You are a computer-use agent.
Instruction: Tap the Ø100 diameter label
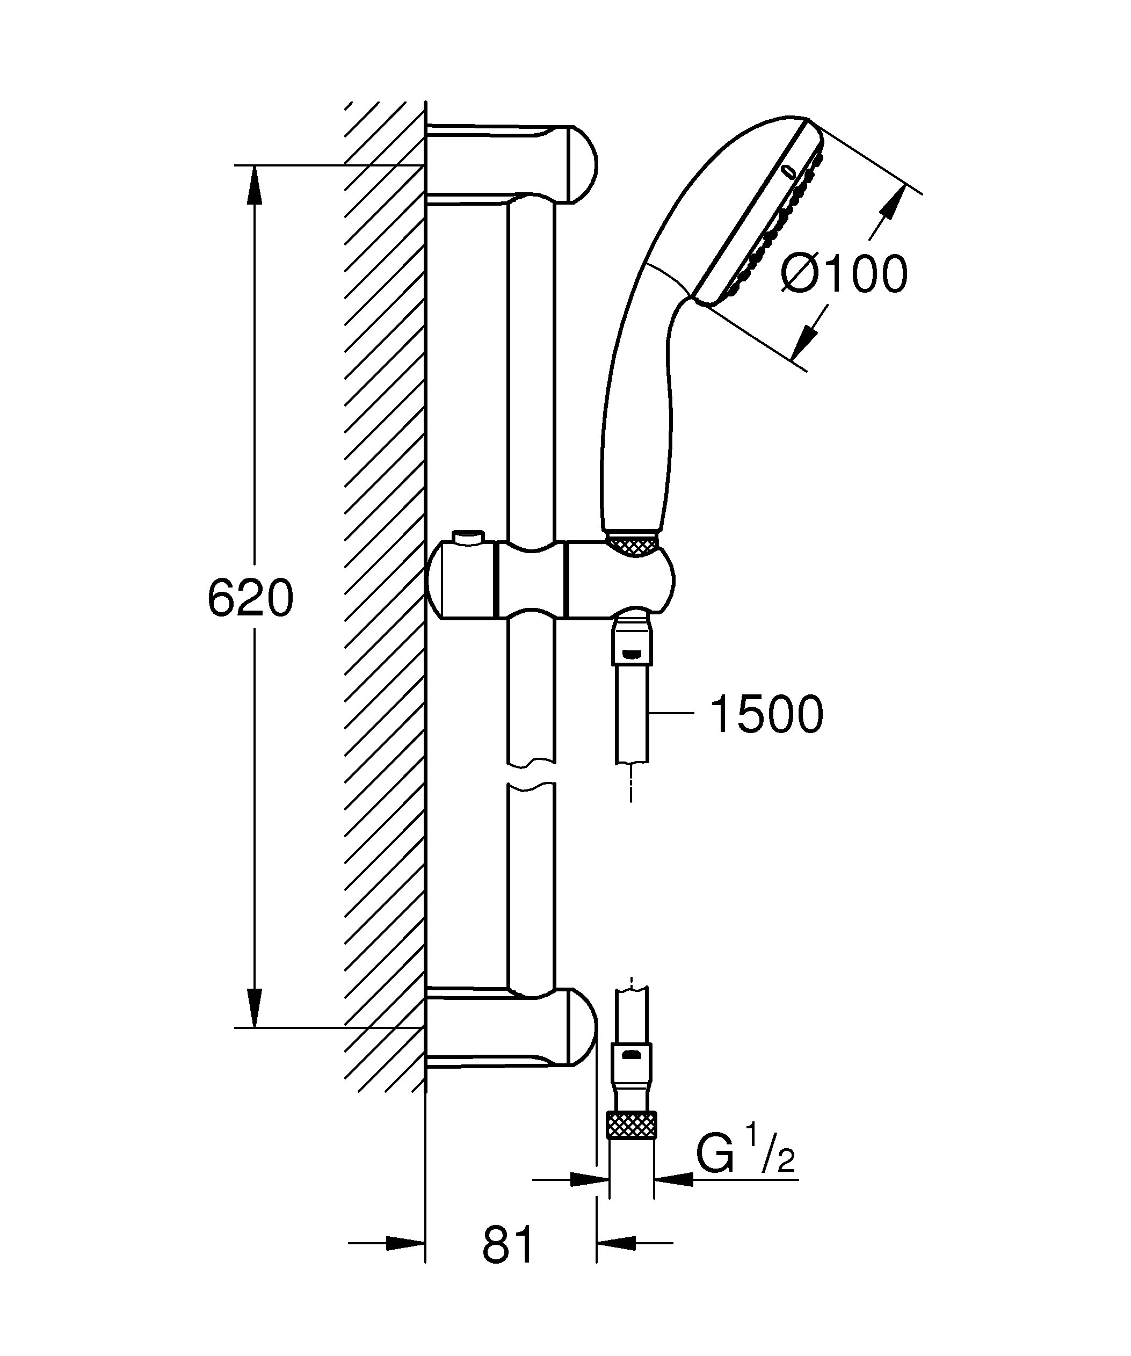tap(844, 274)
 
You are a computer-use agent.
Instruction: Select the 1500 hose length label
tap(766, 714)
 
